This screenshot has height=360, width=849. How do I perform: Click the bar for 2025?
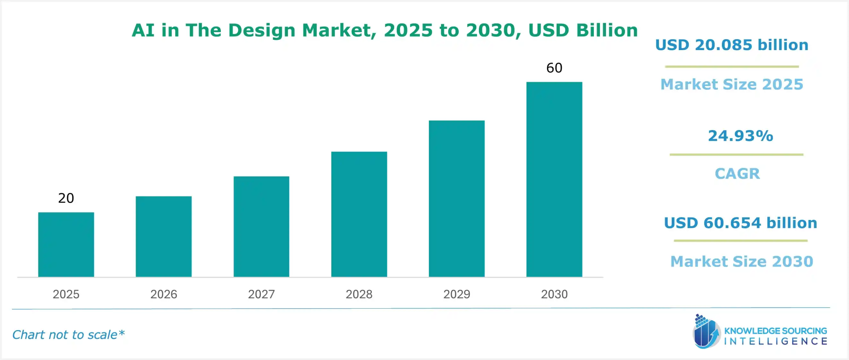66,245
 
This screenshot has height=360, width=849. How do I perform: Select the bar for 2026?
163,237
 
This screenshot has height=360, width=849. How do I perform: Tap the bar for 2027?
261,227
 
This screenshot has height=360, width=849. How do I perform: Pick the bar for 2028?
359,214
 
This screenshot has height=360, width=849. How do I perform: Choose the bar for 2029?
456,199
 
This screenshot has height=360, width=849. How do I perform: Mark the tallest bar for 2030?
554,180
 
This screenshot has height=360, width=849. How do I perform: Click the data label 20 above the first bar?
66,198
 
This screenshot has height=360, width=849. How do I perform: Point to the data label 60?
554,68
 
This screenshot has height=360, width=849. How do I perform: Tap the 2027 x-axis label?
261,294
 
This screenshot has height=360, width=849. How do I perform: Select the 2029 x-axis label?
456,294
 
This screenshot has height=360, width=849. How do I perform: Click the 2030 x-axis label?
554,294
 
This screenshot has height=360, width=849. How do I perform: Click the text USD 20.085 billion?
732,45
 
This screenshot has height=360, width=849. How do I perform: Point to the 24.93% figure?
740,136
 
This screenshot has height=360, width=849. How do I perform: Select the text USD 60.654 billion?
740,223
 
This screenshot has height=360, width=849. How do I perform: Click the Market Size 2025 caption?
732,84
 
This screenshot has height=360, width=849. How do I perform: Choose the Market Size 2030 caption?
742,262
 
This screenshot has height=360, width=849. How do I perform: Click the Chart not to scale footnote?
68,335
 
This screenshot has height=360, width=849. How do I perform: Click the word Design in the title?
261,31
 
